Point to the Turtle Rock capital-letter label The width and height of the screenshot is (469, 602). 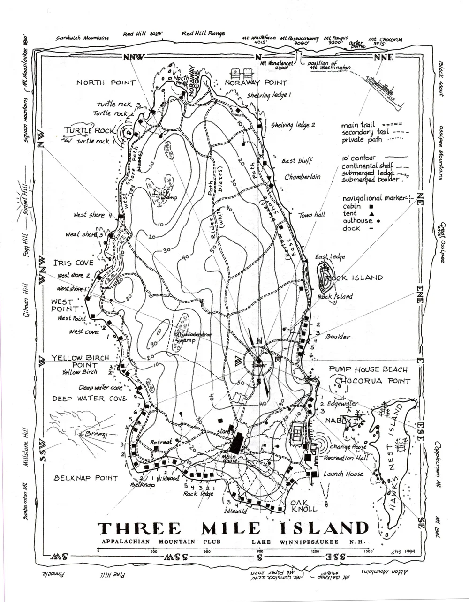tap(89, 130)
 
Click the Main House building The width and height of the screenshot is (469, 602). tap(236, 443)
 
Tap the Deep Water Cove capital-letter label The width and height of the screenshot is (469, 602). tap(89, 399)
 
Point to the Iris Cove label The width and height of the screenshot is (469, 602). tap(73, 263)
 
